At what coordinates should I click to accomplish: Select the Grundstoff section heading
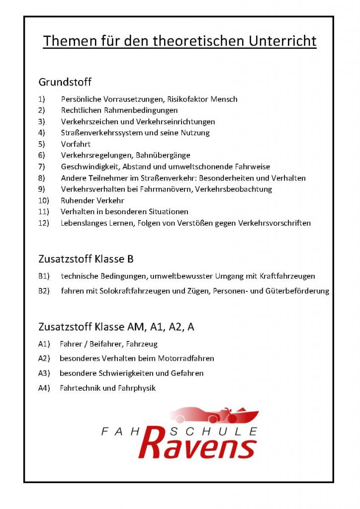point(65,82)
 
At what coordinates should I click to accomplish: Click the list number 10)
point(43,200)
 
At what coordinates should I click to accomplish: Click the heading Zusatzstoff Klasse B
point(86,259)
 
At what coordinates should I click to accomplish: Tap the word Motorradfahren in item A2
point(185,358)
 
